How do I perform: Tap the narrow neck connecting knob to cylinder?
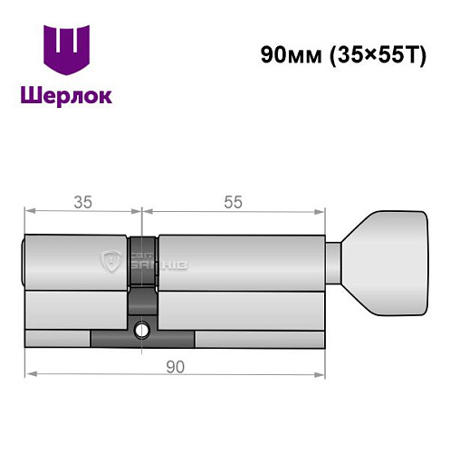point(335,263)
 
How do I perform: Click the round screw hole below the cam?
point(142,330)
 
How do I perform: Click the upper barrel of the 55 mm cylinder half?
point(240,263)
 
